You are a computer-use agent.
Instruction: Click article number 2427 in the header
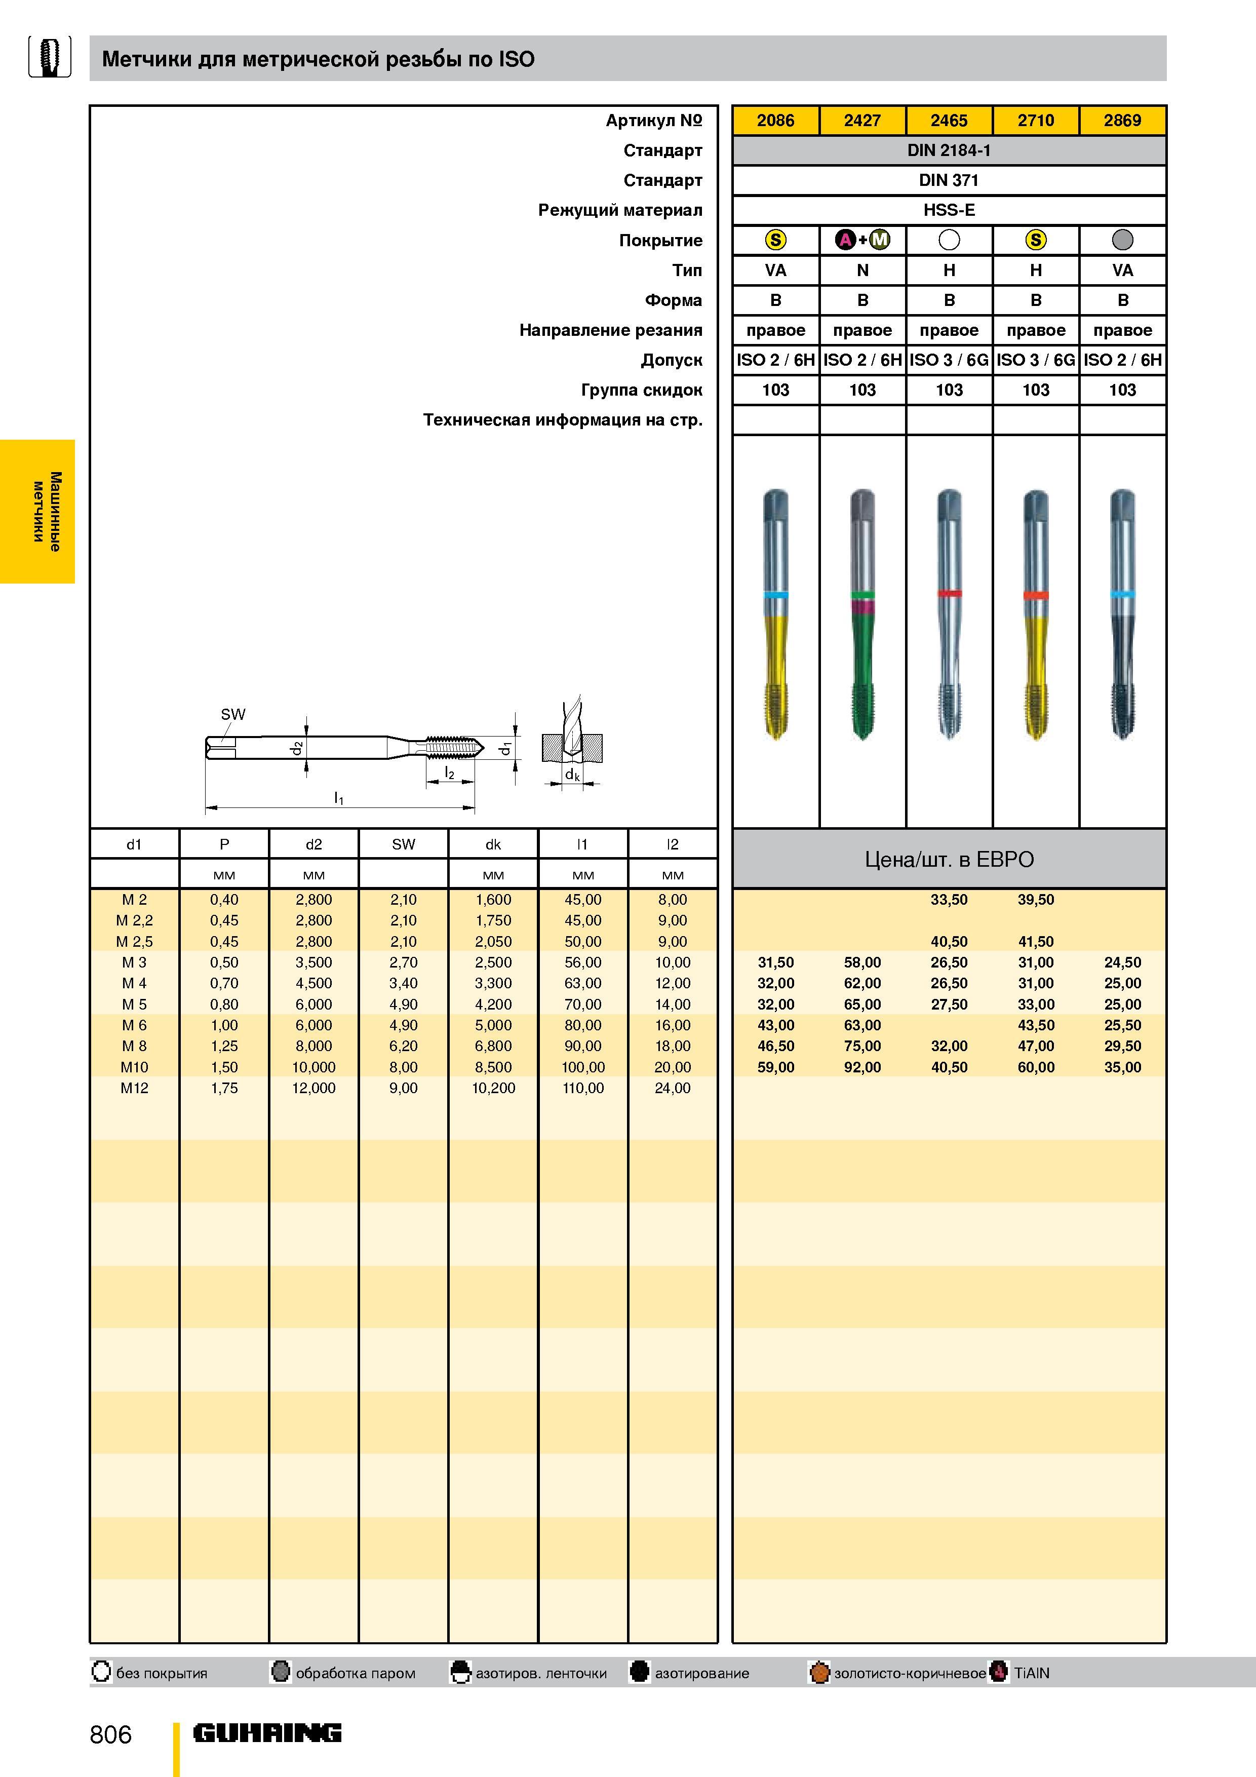pyautogui.click(x=862, y=120)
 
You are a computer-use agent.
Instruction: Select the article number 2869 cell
pyautogui.click(x=1122, y=120)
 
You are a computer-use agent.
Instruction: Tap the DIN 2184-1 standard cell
pyautogui.click(x=949, y=150)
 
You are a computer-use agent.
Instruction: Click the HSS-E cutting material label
pyautogui.click(x=949, y=210)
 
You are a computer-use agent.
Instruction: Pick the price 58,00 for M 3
pyautogui.click(x=862, y=962)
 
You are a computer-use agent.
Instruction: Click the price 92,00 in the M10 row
pyautogui.click(x=862, y=1066)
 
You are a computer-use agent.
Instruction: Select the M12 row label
pyautogui.click(x=134, y=1088)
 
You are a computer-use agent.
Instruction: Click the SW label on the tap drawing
pyautogui.click(x=233, y=714)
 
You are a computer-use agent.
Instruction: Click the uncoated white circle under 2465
pyautogui.click(x=949, y=240)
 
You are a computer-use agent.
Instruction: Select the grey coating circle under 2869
pyautogui.click(x=1122, y=240)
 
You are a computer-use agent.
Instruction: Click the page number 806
pyautogui.click(x=111, y=1734)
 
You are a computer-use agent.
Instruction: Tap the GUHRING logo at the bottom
pyautogui.click(x=267, y=1733)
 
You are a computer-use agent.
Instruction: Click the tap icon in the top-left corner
pyautogui.click(x=50, y=57)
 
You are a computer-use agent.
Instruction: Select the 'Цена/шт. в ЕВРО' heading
pyautogui.click(x=949, y=859)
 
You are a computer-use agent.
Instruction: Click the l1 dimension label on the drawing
pyautogui.click(x=339, y=797)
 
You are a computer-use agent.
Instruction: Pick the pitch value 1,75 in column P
pyautogui.click(x=224, y=1088)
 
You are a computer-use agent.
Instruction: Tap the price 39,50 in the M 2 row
pyautogui.click(x=1036, y=899)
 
